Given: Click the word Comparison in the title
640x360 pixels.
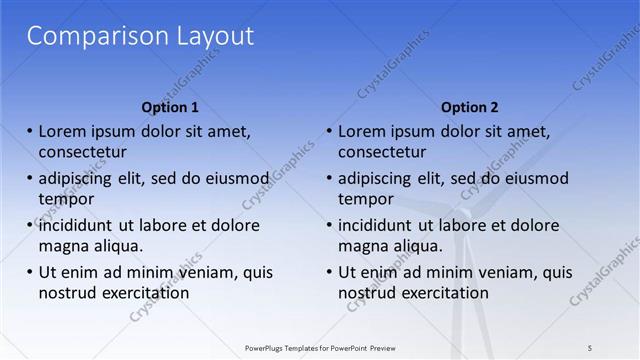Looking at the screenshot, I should (85, 37).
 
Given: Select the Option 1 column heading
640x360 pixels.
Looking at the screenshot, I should (170, 107).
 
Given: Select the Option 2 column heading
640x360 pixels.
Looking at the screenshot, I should (469, 107).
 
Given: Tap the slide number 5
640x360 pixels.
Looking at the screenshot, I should (590, 347).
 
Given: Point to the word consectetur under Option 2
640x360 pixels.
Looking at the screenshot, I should (382, 152).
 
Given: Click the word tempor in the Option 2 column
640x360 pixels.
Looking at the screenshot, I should (366, 199).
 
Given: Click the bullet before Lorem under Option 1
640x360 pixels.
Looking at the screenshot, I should (30, 131).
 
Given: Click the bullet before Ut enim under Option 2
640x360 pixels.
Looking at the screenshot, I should (330, 272).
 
